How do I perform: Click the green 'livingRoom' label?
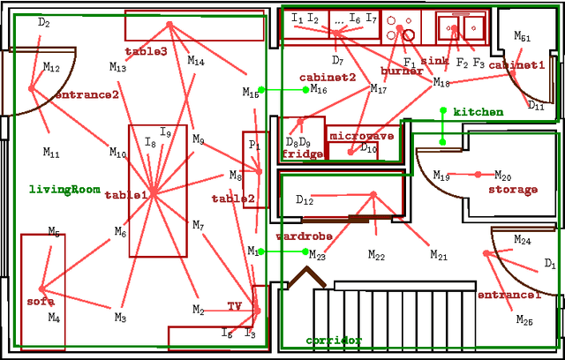64,189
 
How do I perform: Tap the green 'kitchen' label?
478,112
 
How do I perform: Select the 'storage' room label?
513,190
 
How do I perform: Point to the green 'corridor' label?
334,340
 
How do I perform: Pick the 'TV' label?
234,305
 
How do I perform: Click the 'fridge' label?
302,154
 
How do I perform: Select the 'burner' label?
402,71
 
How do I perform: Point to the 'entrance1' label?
508,294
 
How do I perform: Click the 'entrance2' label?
87,94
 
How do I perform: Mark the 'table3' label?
146,51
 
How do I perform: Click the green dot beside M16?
305,90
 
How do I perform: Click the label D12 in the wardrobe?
304,200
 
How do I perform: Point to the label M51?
522,37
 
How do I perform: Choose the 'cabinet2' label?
327,77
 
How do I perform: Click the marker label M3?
120,318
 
